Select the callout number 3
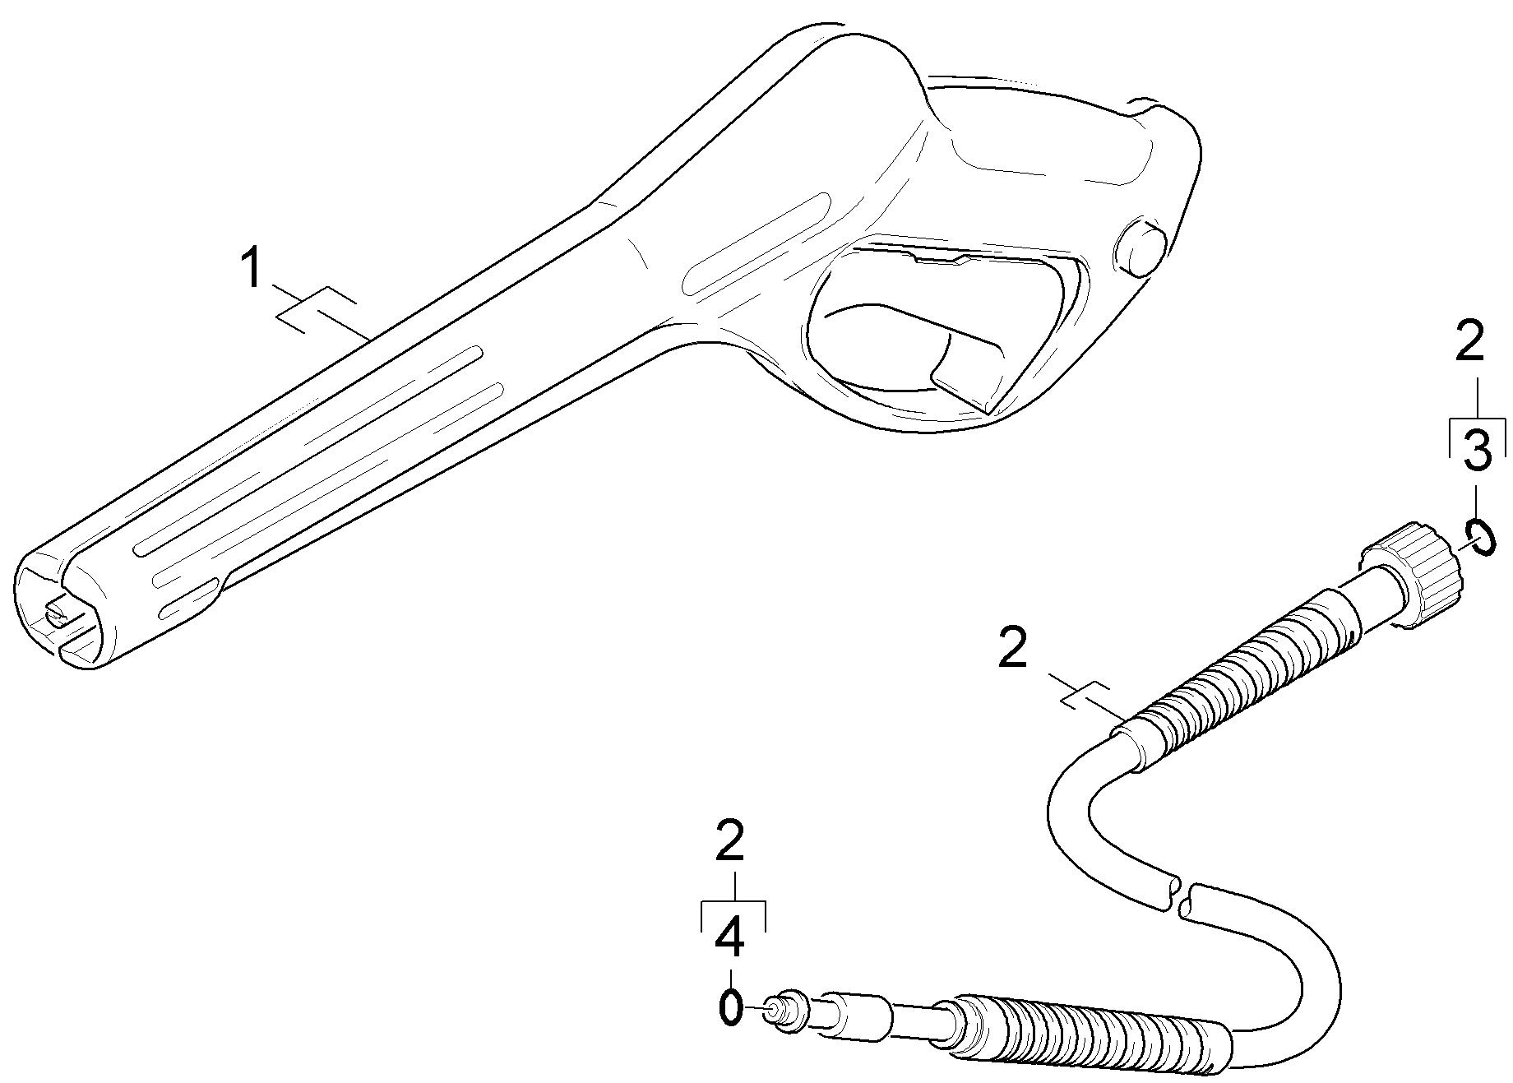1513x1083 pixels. [1477, 451]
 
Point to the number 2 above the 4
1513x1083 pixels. [730, 840]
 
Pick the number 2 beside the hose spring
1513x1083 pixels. [1012, 647]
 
